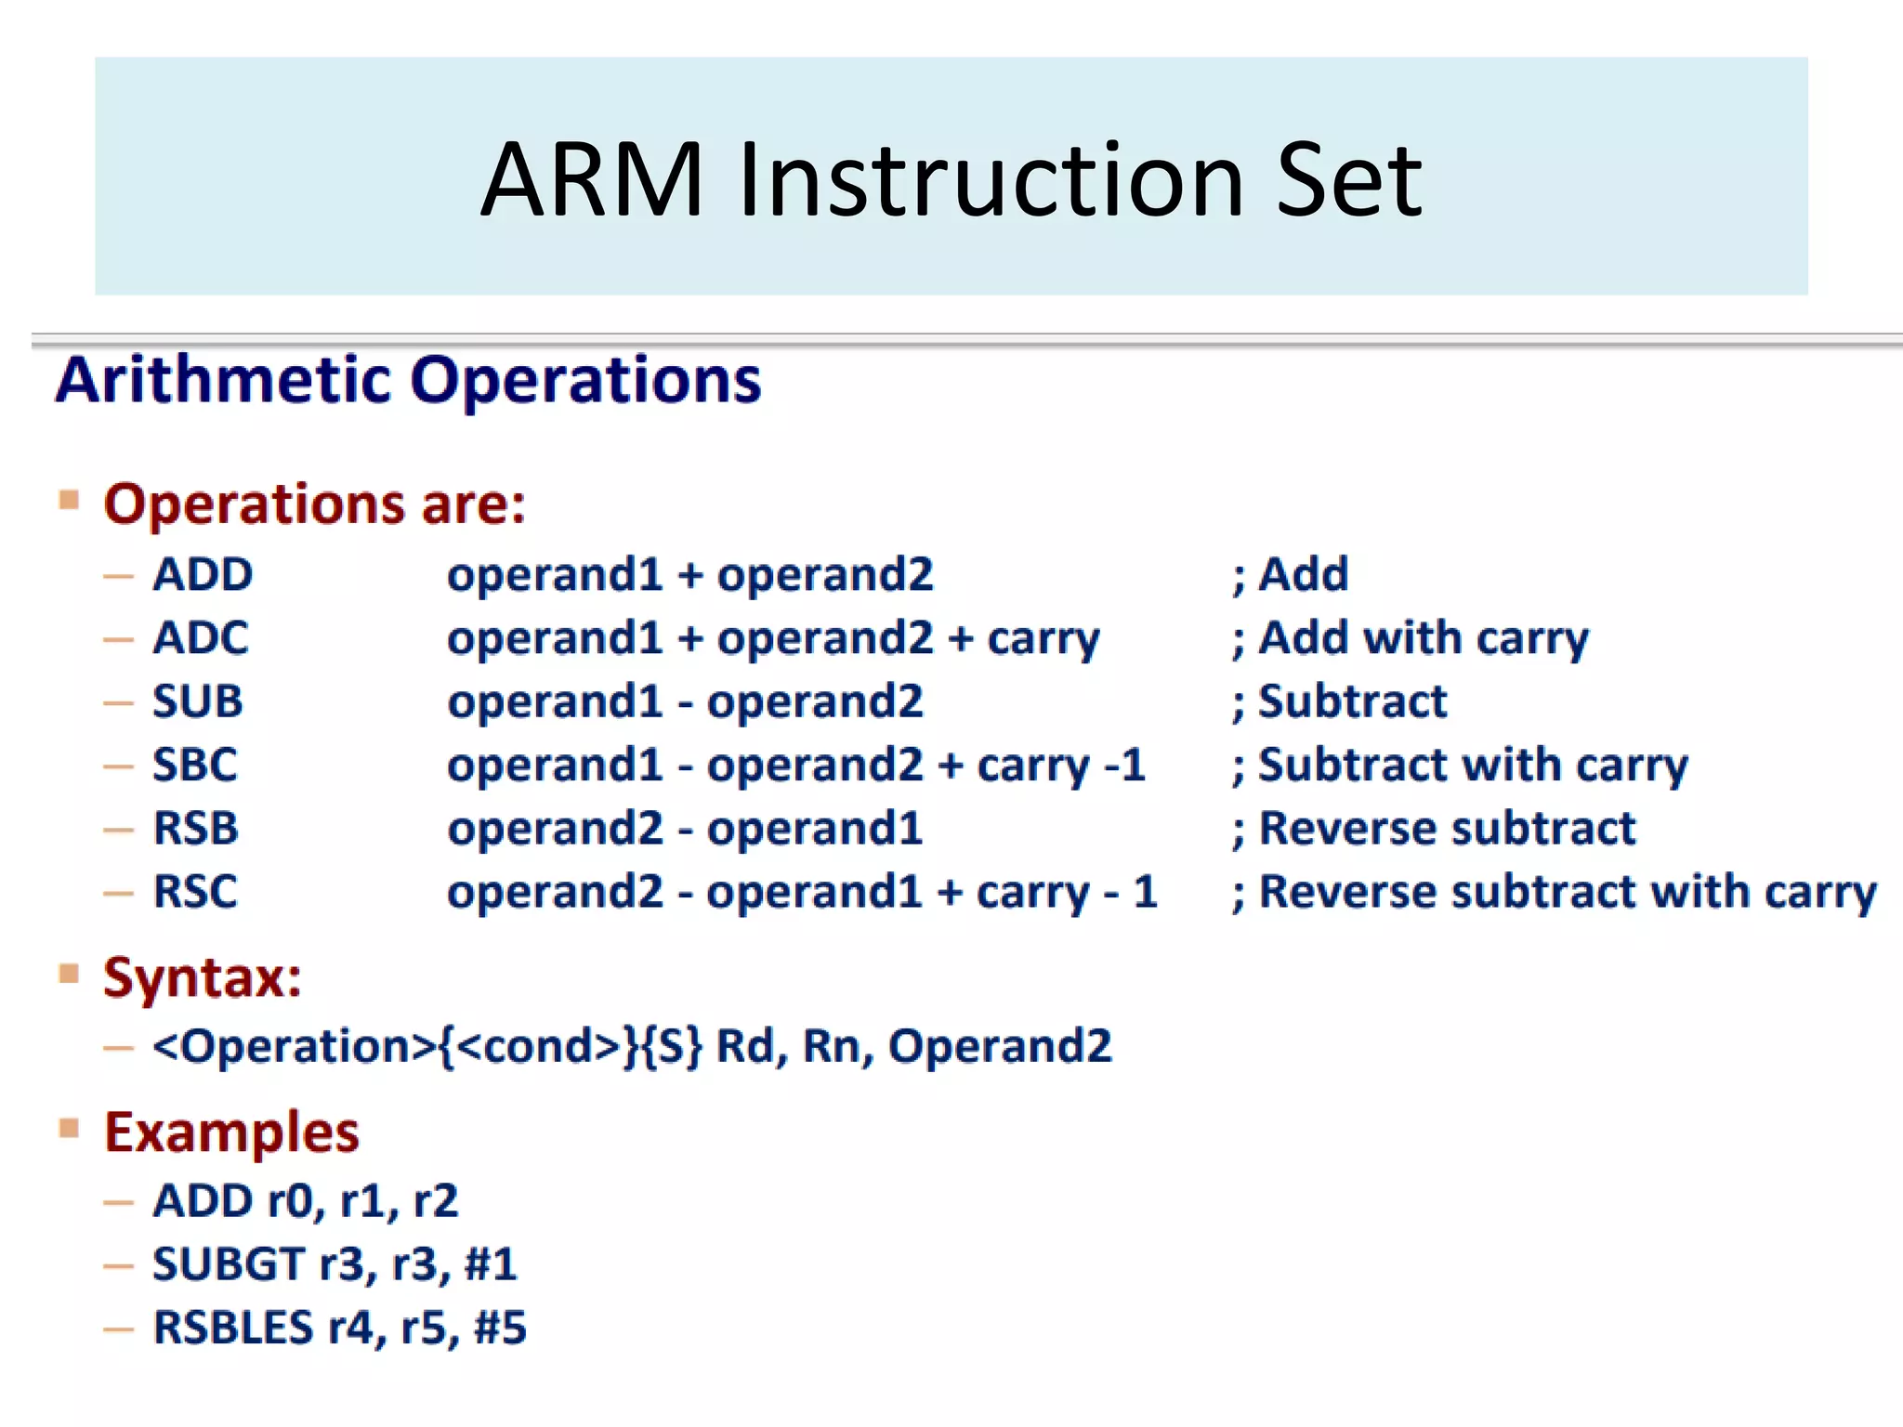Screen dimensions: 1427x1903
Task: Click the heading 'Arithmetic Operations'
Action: pos(409,380)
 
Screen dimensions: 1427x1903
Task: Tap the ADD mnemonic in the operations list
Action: pos(203,574)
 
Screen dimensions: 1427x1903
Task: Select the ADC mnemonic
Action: pos(201,638)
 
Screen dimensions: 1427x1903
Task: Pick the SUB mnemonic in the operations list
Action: pos(197,701)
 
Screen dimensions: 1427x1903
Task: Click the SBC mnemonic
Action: pos(195,765)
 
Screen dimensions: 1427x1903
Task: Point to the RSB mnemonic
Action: pos(195,828)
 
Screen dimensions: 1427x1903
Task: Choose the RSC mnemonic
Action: pos(195,892)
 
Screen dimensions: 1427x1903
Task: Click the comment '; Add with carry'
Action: pos(1411,639)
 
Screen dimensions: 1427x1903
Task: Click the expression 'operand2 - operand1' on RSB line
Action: pos(685,829)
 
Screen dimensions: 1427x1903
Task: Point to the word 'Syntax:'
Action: pos(203,977)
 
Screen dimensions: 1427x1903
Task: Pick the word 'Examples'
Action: pos(231,1132)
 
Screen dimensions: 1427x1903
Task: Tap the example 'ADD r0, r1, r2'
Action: pos(306,1200)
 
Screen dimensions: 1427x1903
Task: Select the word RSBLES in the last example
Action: pos(233,1328)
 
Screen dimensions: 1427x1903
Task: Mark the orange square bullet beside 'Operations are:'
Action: pos(69,501)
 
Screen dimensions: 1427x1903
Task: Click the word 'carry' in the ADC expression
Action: pos(1043,639)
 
